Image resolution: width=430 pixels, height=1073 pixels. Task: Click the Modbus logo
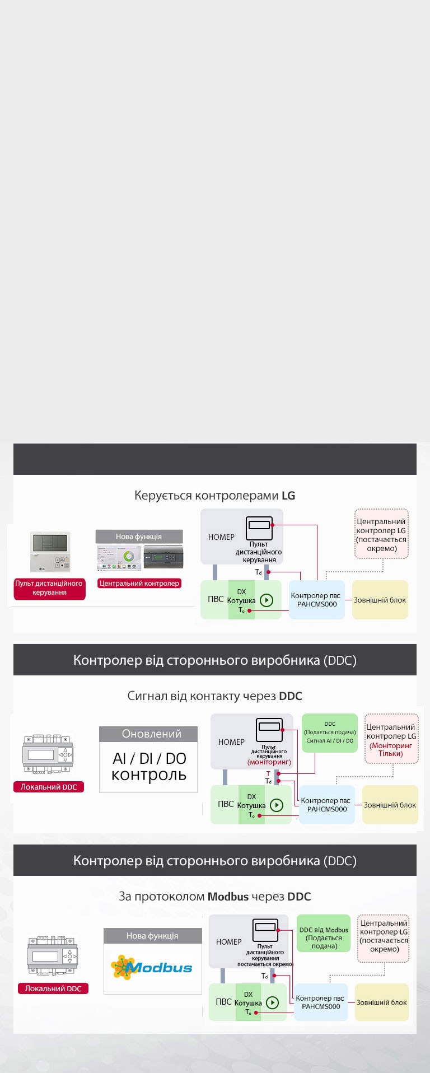152,968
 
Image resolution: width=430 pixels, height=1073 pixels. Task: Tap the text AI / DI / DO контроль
149,767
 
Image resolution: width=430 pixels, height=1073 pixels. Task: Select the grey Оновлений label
148,734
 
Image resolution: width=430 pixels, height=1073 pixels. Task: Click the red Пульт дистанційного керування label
49,588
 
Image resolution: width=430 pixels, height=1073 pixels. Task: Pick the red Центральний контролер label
139,583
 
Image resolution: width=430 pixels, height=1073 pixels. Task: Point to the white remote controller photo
50,552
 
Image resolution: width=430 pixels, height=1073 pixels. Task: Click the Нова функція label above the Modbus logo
152,936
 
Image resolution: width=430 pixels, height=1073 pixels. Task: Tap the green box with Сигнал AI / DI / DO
330,733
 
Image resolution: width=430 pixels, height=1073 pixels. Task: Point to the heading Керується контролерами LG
214,496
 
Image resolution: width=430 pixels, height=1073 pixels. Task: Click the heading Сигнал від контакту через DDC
214,696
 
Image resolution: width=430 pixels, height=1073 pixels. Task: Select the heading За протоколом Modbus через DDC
214,897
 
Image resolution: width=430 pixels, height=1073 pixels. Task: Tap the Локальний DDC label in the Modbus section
53,988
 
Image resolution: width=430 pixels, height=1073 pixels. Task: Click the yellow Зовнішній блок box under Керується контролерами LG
380,600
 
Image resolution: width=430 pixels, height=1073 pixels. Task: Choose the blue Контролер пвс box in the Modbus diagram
320,1002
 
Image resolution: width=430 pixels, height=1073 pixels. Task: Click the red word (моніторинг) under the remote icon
269,762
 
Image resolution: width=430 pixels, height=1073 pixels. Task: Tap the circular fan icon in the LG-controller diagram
267,600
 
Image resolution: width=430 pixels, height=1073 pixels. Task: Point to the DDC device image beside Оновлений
48,754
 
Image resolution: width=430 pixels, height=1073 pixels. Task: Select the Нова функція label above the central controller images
139,536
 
